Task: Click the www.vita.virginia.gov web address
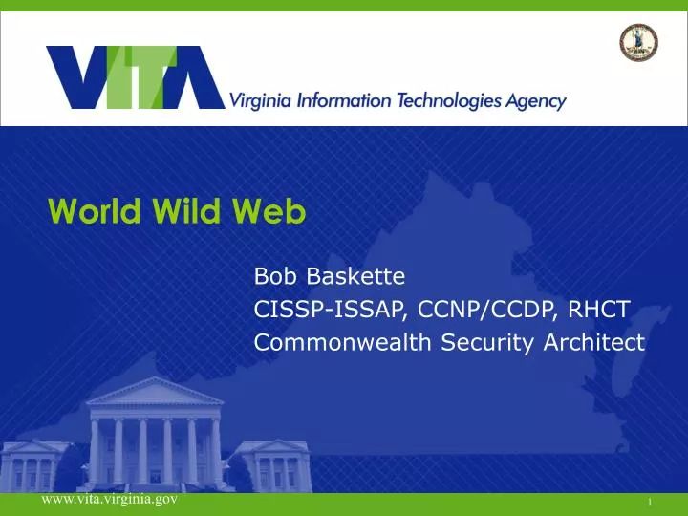108,500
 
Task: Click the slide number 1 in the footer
649,502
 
